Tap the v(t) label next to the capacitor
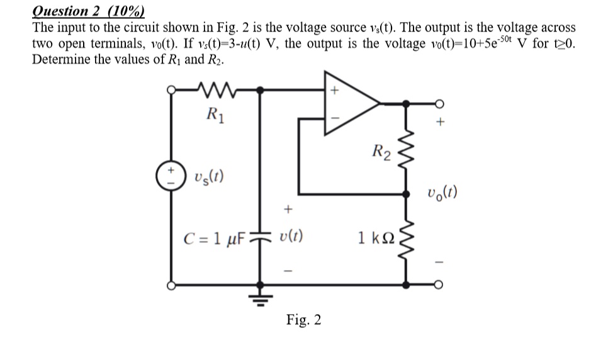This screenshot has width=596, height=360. pyautogui.click(x=291, y=238)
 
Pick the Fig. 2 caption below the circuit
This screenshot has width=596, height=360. pyautogui.click(x=303, y=320)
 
